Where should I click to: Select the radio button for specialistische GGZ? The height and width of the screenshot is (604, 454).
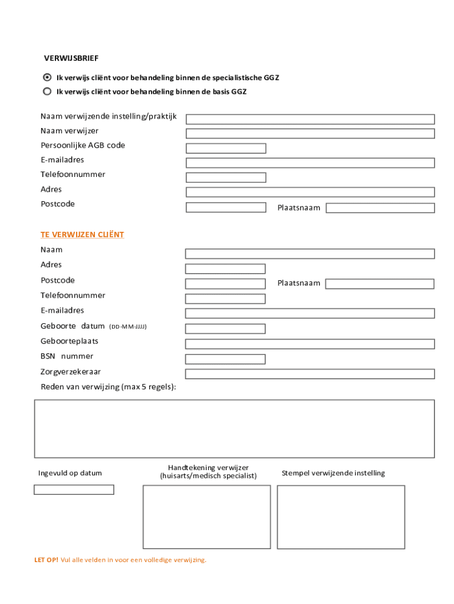(x=47, y=77)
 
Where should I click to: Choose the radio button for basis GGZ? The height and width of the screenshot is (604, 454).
(x=47, y=91)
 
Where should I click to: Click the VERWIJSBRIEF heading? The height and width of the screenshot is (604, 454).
(x=71, y=58)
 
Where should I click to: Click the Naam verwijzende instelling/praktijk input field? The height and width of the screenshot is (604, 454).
(x=310, y=119)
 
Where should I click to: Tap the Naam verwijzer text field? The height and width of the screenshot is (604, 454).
(x=310, y=133)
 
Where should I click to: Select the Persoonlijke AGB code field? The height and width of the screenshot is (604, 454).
(x=226, y=148)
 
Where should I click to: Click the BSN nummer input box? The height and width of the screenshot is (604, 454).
(x=225, y=359)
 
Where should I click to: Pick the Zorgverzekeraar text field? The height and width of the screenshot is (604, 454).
(x=310, y=374)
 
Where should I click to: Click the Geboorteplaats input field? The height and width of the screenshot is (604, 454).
(x=310, y=344)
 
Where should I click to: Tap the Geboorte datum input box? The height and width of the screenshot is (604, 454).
(x=225, y=329)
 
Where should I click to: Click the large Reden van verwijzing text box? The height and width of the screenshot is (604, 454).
(x=234, y=428)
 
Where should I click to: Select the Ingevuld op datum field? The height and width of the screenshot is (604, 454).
(x=74, y=490)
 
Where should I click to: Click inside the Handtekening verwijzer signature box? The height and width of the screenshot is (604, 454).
(x=206, y=517)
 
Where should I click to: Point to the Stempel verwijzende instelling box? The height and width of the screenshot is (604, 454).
(x=341, y=517)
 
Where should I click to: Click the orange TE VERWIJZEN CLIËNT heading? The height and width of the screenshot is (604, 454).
(x=82, y=235)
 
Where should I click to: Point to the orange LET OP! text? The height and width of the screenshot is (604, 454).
(x=46, y=560)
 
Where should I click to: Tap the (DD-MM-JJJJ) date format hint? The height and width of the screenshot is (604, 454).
(x=128, y=326)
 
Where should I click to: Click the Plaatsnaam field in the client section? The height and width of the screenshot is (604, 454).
(x=380, y=284)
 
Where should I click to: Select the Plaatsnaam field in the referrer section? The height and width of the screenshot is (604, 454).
(x=380, y=208)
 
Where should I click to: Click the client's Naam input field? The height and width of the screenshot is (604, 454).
(x=310, y=254)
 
